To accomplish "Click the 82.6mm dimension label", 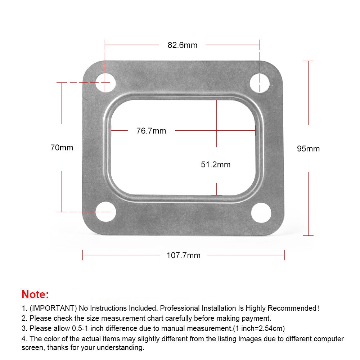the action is click(183, 45).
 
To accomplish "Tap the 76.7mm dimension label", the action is click(151, 131).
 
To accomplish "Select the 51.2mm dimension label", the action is click(216, 165).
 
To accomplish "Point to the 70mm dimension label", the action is click(62, 148).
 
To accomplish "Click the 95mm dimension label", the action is click(309, 149).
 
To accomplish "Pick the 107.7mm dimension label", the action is click(184, 255).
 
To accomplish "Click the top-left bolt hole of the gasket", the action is click(105, 82).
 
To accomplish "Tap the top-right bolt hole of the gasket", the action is click(260, 83).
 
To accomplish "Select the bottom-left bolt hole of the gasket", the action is click(105, 212).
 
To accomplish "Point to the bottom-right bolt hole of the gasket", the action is click(261, 213).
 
